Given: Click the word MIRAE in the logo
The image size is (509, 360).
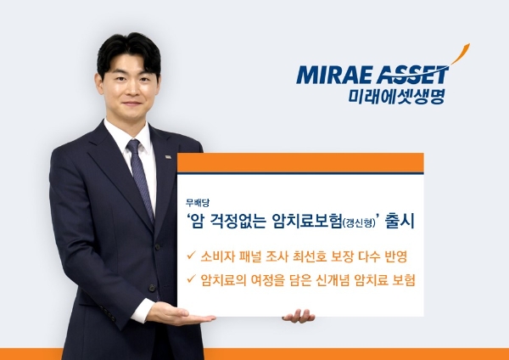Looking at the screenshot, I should [x=333, y=75].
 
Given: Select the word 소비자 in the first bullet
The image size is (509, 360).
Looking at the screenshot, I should [x=217, y=254].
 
